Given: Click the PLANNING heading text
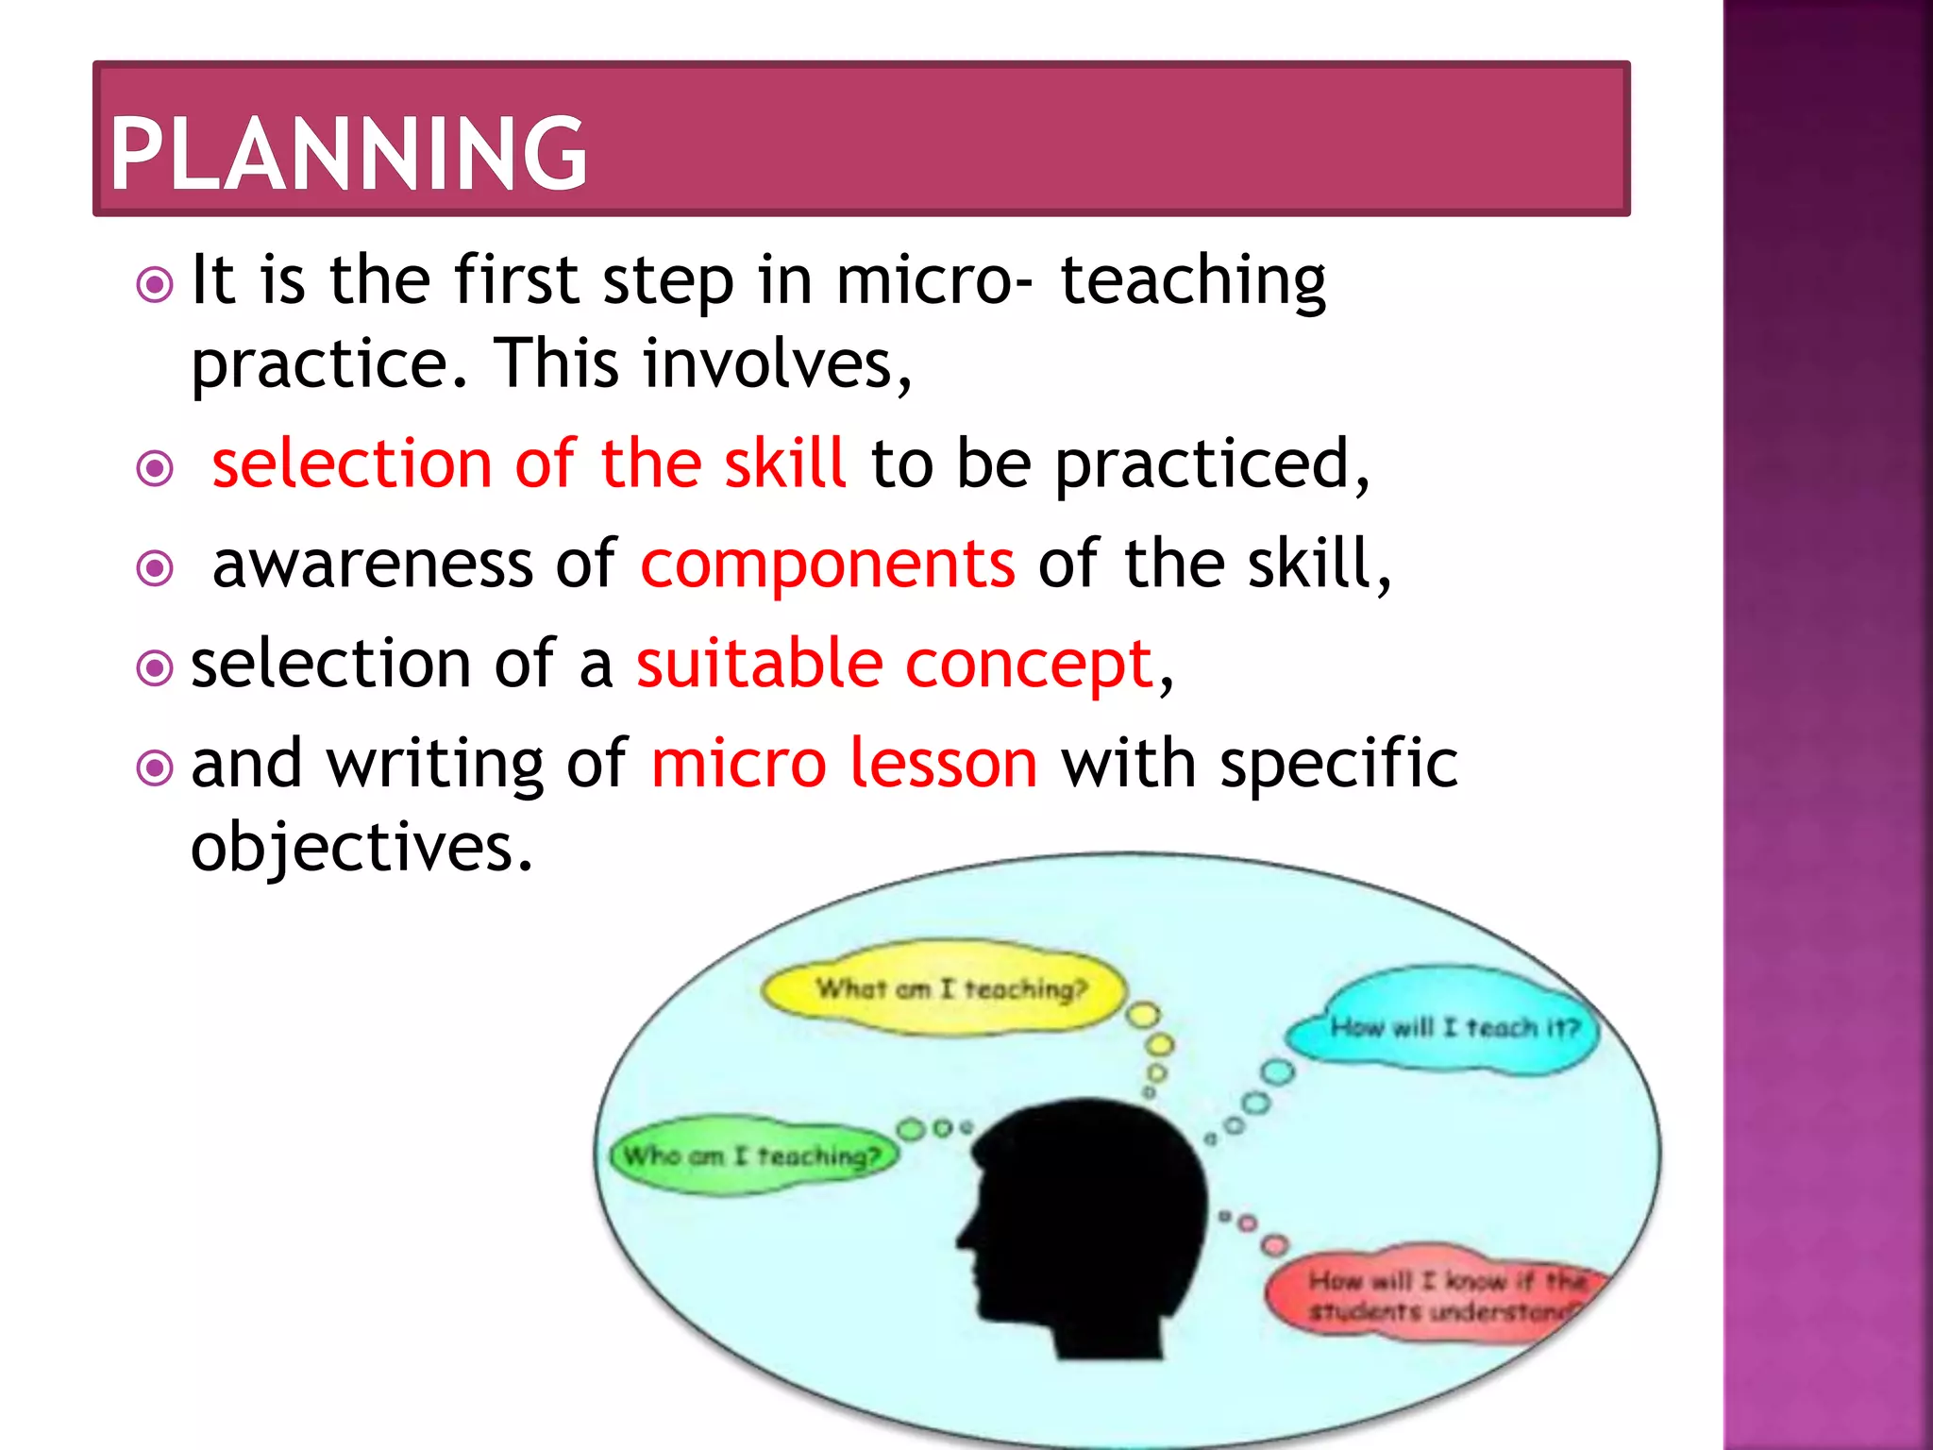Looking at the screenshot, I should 348,154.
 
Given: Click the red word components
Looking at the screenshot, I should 828,564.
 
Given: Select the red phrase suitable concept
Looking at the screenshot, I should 895,664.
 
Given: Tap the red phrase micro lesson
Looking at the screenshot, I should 845,764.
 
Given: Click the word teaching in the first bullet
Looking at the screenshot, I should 1193,281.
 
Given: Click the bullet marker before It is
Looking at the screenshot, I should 155,284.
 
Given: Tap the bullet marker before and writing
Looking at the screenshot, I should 155,767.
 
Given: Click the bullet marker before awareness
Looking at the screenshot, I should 155,567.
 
